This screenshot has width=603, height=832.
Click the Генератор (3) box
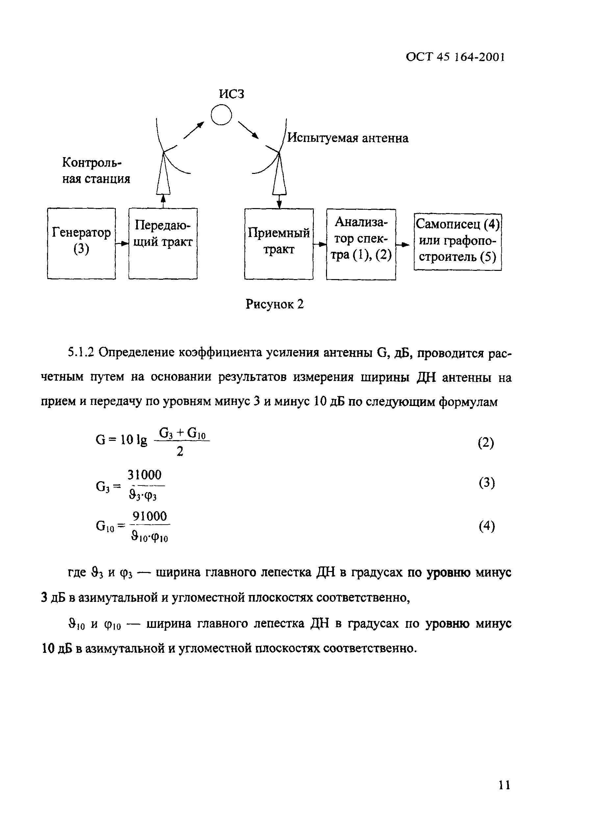tap(81, 244)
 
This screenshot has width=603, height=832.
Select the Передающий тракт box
tap(163, 244)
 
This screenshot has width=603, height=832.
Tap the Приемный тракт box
tap(279, 244)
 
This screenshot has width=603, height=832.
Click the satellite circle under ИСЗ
tap(221, 115)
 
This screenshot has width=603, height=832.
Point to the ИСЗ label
tap(231, 94)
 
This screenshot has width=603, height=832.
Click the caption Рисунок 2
tap(275, 304)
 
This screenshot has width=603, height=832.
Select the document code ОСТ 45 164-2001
tap(455, 57)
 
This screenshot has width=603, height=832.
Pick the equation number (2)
tap(486, 443)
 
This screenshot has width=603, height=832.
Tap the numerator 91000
tap(149, 516)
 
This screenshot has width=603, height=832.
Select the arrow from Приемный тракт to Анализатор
tap(320, 244)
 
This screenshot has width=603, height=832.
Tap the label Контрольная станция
tap(96, 170)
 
